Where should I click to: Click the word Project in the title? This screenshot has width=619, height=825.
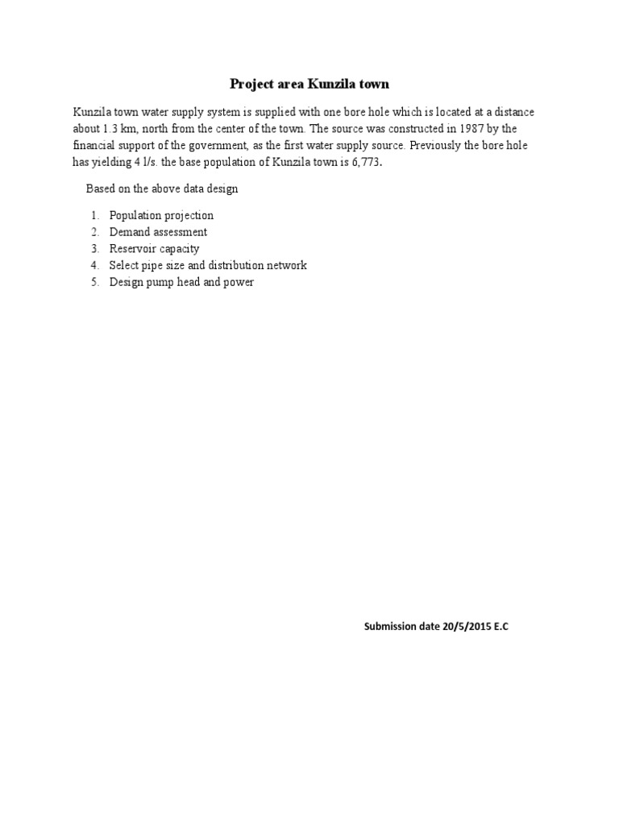pyautogui.click(x=251, y=84)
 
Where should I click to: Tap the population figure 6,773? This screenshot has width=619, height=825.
pyautogui.click(x=359, y=163)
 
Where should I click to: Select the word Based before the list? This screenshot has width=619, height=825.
pyautogui.click(x=101, y=189)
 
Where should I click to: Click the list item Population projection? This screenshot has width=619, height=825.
pyautogui.click(x=161, y=215)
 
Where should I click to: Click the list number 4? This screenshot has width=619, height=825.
pyautogui.click(x=94, y=266)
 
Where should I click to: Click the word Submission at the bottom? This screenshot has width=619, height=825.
pyautogui.click(x=388, y=626)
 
